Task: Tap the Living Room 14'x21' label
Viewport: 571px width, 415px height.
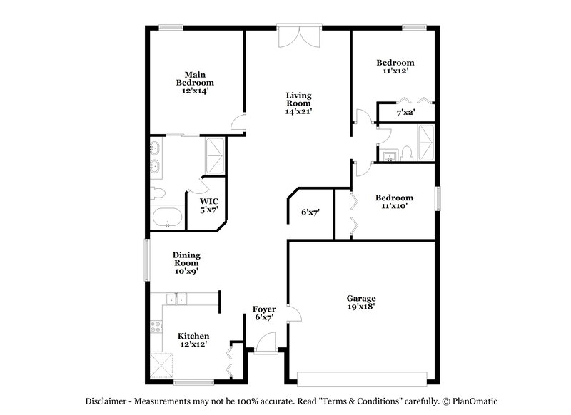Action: click(298, 103)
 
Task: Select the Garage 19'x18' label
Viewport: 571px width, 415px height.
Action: click(361, 302)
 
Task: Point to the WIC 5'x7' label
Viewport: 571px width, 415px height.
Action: click(209, 205)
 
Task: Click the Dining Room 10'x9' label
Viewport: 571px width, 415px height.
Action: click(186, 262)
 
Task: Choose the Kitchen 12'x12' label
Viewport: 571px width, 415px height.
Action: click(193, 340)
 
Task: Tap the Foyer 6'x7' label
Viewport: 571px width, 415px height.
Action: click(264, 313)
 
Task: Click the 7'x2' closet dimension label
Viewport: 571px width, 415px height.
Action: click(405, 113)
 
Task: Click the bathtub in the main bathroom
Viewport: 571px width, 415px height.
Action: click(167, 217)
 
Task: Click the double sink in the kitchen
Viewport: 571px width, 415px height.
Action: click(176, 299)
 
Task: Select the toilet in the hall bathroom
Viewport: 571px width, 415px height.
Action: click(405, 153)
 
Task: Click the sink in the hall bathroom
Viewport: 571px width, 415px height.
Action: click(390, 155)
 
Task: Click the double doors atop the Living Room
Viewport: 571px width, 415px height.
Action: click(299, 36)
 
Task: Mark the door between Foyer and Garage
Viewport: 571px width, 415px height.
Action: click(293, 313)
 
